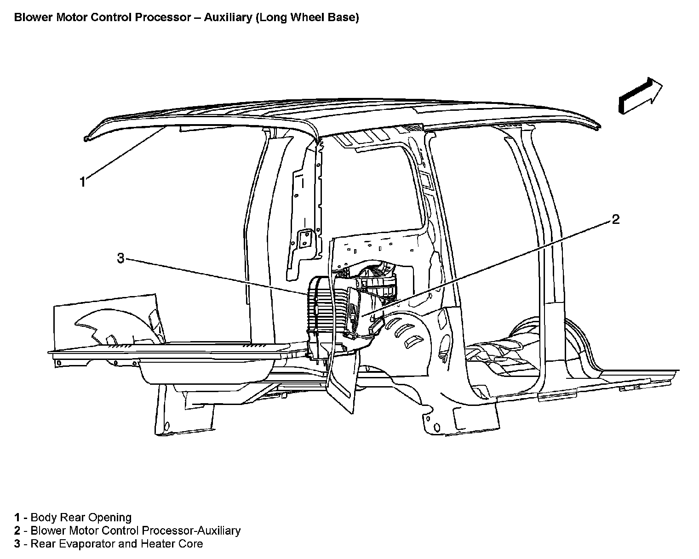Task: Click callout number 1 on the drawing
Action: pyautogui.click(x=82, y=182)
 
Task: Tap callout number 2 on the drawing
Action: pyautogui.click(x=615, y=219)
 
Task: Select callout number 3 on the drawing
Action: pyautogui.click(x=120, y=258)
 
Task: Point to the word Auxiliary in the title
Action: pyautogui.click(x=227, y=18)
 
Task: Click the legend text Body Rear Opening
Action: pyautogui.click(x=81, y=517)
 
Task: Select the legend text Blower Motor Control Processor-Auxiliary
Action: pyautogui.click(x=135, y=530)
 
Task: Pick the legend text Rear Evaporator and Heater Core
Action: pyautogui.click(x=116, y=544)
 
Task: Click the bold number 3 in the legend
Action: pyautogui.click(x=17, y=544)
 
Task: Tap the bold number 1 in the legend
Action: pyautogui.click(x=17, y=517)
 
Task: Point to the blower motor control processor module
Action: pyautogui.click(x=355, y=308)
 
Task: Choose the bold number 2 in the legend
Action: pyautogui.click(x=17, y=530)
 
